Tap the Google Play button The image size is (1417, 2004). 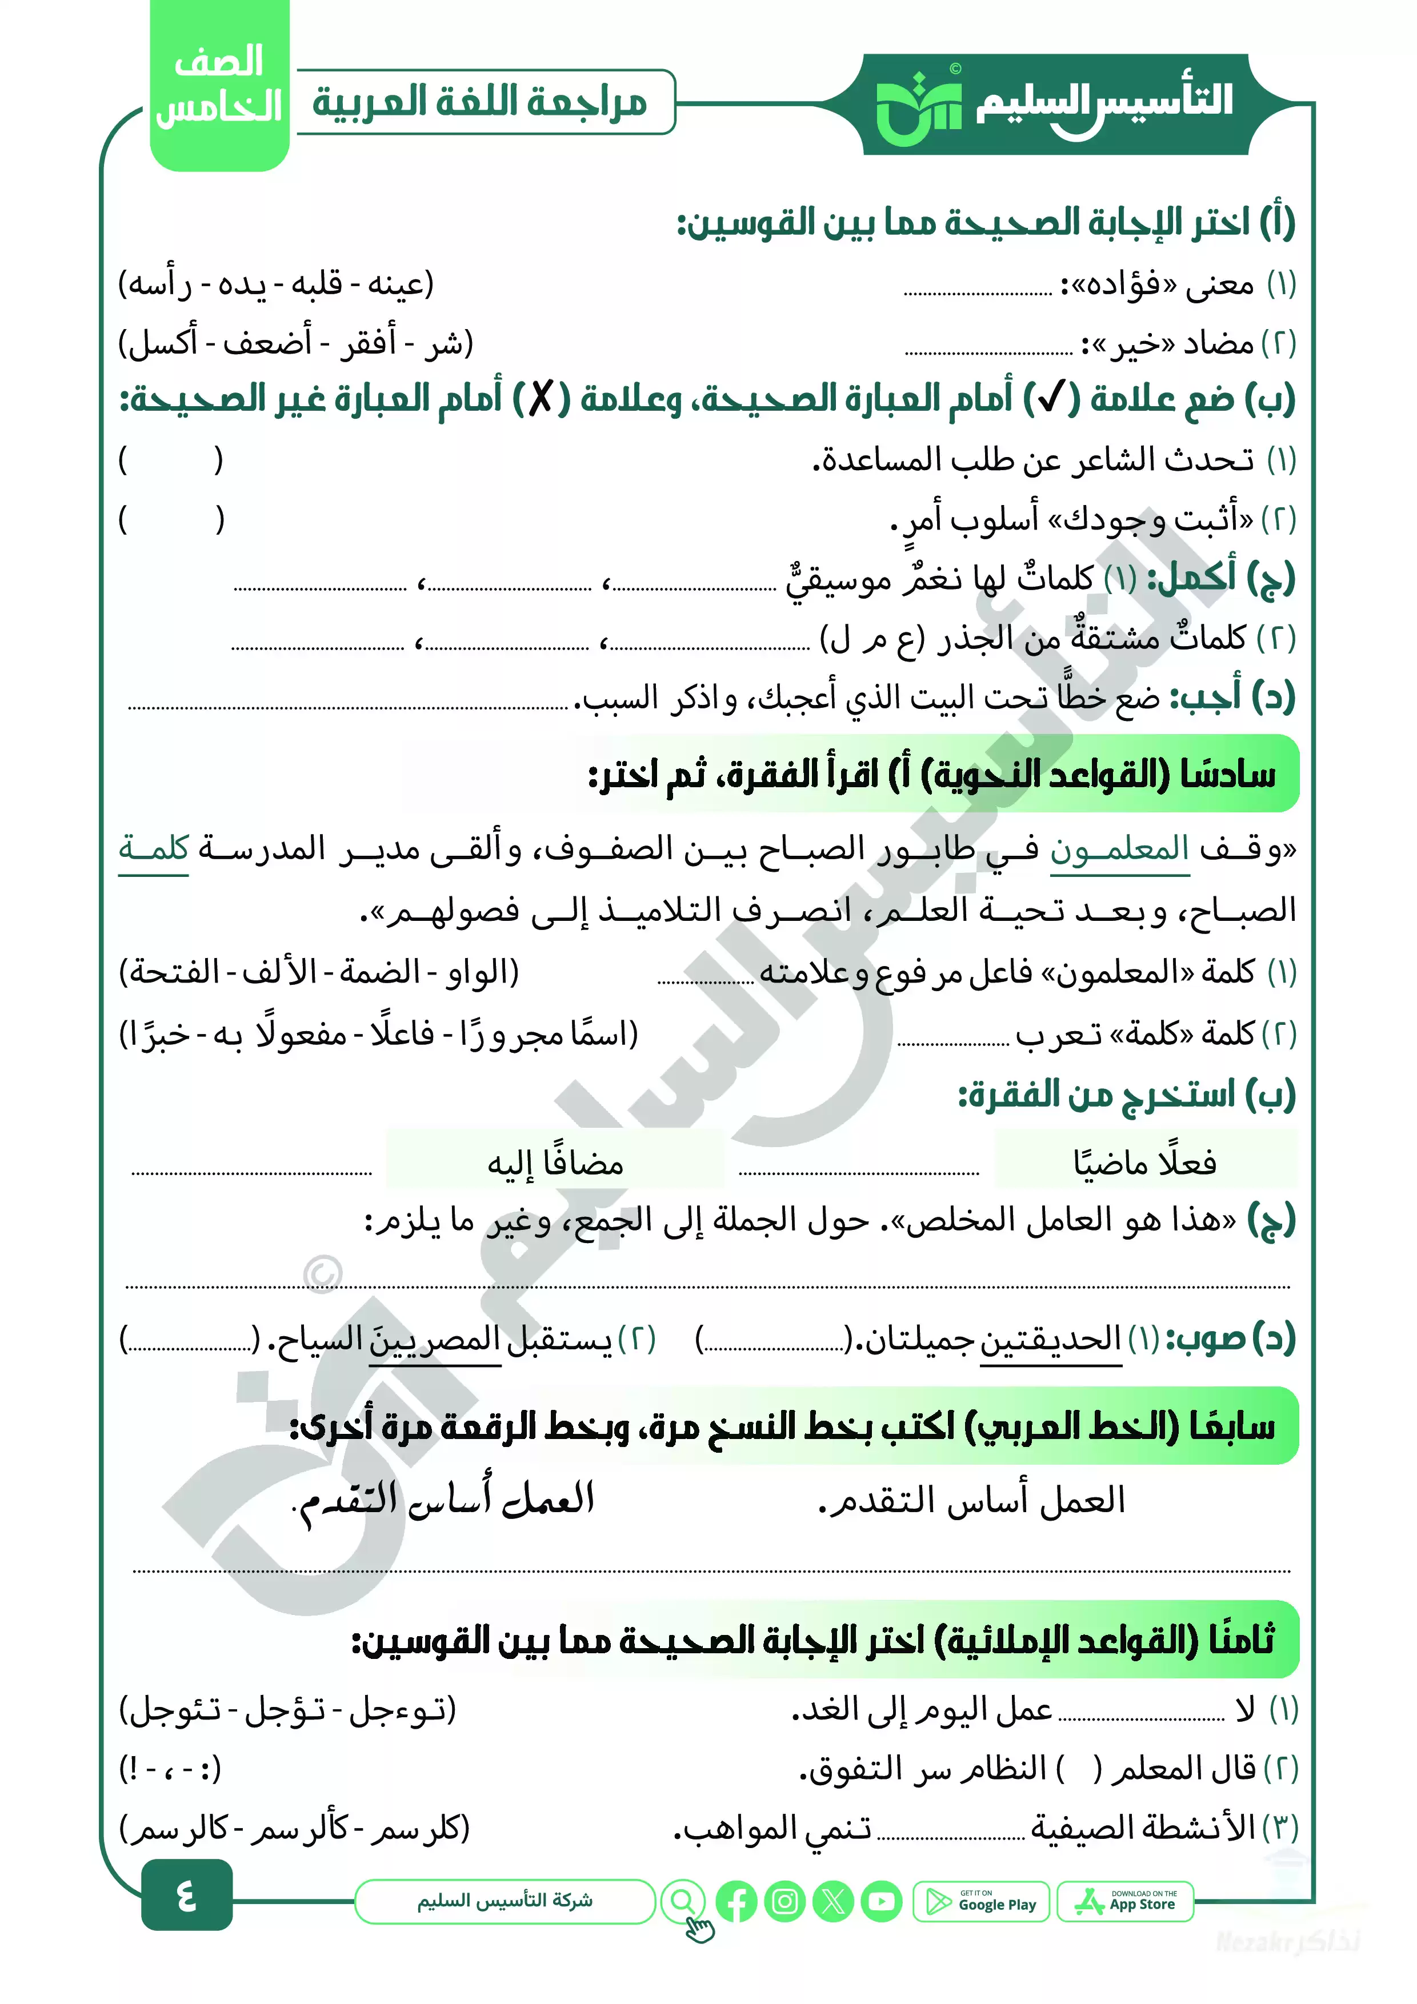980,1902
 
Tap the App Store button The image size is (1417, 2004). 1124,1902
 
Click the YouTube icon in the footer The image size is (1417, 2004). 881,1902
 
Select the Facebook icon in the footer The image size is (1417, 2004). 736,1902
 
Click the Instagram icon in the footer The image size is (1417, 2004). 784,1902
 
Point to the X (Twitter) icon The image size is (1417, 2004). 833,1902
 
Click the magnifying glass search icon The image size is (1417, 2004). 683,1901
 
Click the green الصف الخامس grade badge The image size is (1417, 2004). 219,86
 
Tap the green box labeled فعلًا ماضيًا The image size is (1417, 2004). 1144,1163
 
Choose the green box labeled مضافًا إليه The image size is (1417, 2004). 555,1163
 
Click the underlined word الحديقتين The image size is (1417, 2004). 1050,1338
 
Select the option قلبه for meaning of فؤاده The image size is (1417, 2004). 317,284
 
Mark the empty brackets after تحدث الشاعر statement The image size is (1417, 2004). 171,460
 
